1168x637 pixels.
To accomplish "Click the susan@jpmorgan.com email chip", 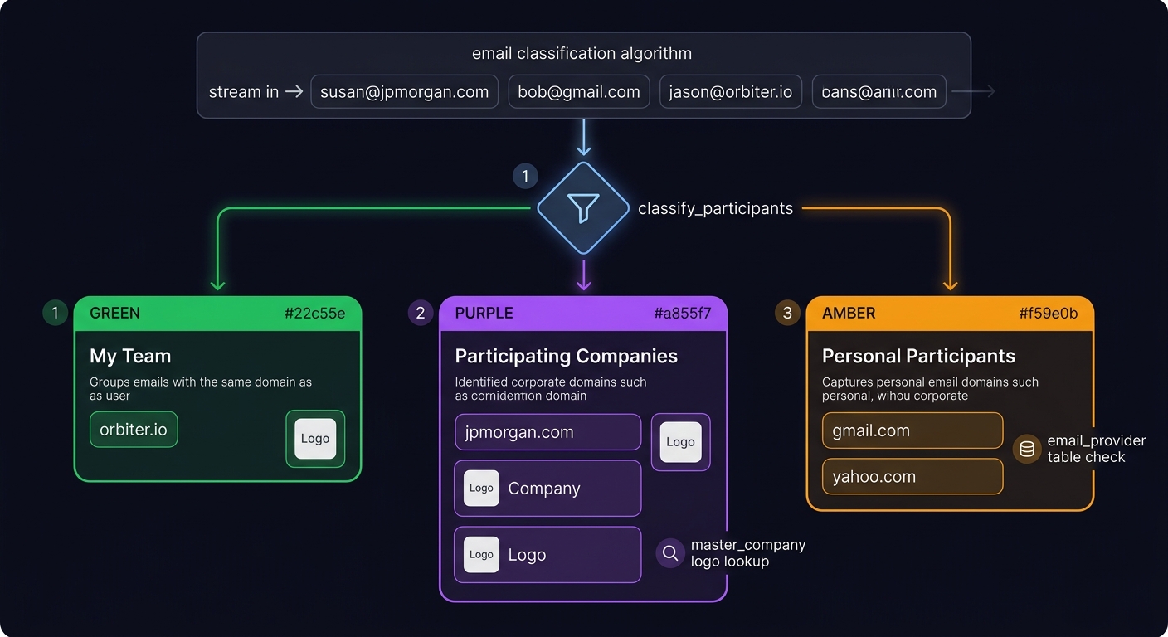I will [404, 92].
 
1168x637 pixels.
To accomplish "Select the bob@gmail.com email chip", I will [578, 92].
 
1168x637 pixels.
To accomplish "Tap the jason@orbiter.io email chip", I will [730, 92].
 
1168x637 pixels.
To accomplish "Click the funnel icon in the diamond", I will [583, 208].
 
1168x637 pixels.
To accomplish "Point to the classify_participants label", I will [715, 208].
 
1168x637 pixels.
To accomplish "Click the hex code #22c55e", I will [314, 313].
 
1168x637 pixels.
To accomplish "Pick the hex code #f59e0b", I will [1048, 313].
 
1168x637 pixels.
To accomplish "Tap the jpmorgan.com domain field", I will [547, 432].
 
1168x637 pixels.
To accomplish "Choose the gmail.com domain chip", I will [912, 430].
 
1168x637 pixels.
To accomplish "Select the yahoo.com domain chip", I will [912, 477].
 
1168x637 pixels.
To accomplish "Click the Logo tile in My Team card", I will [315, 439].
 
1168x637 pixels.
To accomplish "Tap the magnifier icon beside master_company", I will [670, 553].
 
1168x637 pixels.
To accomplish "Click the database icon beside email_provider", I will [1027, 449].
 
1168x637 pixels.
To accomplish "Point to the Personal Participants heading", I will [918, 356].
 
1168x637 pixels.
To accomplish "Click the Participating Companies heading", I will [566, 356].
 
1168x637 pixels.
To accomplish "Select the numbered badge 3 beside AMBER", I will [787, 313].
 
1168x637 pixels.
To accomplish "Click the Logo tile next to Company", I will [481, 489].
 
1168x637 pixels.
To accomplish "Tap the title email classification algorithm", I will [582, 54].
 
